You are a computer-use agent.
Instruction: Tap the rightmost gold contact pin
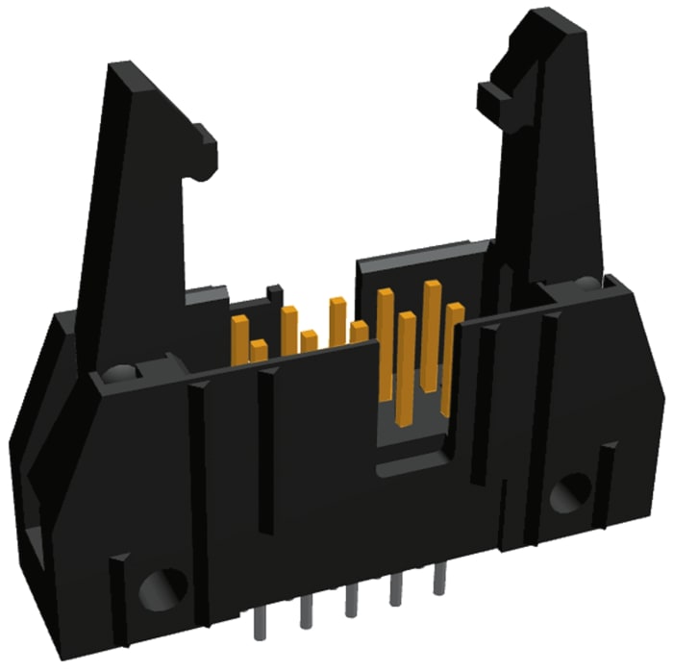coord(453,356)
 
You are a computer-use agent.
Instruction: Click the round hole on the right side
coord(573,491)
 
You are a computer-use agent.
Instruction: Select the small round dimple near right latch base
coord(586,283)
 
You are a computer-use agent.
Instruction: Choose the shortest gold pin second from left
coord(258,350)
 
